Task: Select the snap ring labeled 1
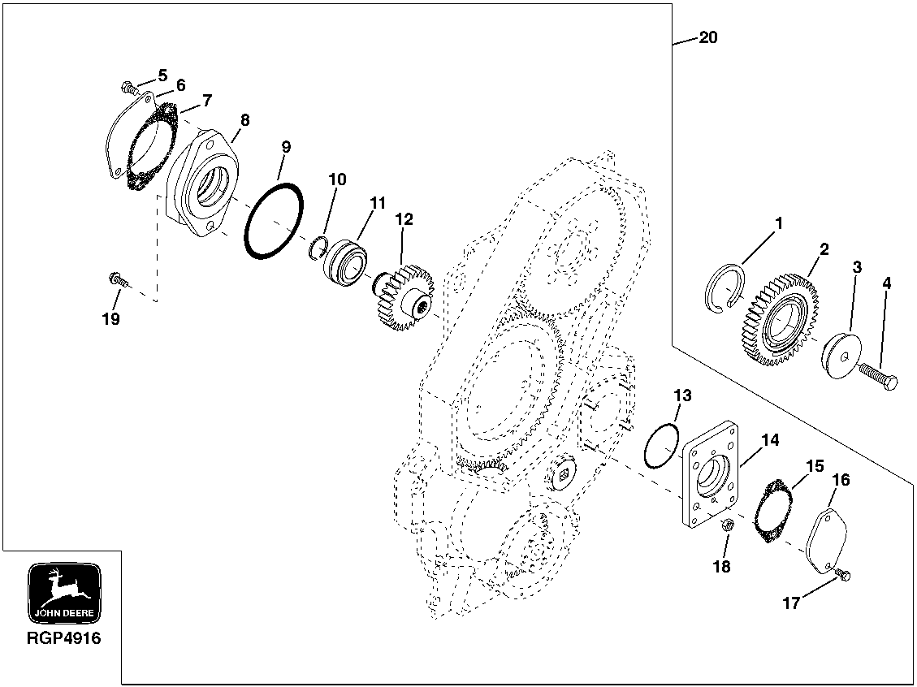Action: coord(720,288)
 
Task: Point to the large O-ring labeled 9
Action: coord(274,221)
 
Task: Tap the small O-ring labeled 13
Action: coord(660,445)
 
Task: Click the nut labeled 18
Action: coord(728,525)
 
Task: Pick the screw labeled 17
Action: coord(841,575)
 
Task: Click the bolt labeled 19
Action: coord(117,280)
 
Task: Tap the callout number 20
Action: coord(707,38)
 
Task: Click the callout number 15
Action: coord(814,466)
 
